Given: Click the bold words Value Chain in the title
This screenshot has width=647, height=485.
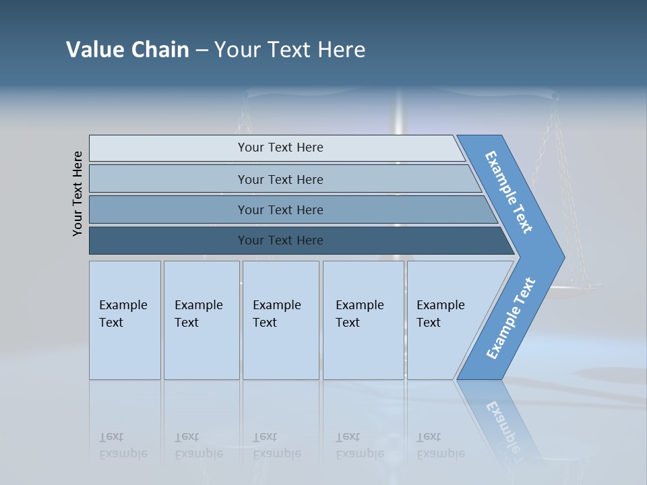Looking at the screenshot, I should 127,50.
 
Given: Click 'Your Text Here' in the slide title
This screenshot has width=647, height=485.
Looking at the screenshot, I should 290,50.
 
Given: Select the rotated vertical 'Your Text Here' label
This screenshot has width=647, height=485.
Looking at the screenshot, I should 78,193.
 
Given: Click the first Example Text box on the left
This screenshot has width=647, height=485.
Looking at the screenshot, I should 125,320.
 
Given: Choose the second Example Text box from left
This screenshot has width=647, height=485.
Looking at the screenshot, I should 201,320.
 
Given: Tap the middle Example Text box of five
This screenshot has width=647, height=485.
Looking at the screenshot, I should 280,320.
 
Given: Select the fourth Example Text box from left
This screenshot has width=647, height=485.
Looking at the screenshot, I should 363,320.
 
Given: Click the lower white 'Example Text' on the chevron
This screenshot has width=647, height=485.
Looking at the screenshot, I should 511,319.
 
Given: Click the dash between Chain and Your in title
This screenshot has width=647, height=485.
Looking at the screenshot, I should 202,51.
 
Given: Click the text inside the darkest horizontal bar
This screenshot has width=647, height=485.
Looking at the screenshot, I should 280,240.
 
